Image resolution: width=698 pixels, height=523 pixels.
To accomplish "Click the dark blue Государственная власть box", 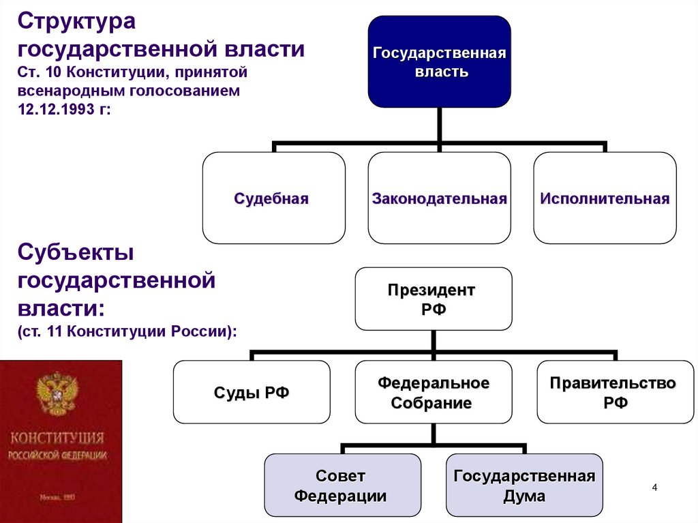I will pyautogui.click(x=440, y=62).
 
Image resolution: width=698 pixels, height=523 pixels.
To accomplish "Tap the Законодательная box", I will pyautogui.click(x=440, y=198).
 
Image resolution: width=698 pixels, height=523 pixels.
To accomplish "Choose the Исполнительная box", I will pyautogui.click(x=605, y=198).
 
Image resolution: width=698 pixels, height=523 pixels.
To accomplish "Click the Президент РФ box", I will pyautogui.click(x=432, y=299).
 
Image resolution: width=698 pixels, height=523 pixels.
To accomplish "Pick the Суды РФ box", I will pyautogui.click(x=252, y=393).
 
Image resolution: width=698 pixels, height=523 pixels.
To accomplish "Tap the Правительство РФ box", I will pyautogui.click(x=615, y=393).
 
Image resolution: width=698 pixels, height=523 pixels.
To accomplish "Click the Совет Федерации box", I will pyautogui.click(x=341, y=485).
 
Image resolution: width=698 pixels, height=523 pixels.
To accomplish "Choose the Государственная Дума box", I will pyautogui.click(x=524, y=485).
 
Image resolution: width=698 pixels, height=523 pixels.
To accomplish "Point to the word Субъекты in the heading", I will pyautogui.click(x=76, y=254).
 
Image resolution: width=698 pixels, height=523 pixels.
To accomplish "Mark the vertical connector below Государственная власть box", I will pyautogui.click(x=440, y=125).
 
